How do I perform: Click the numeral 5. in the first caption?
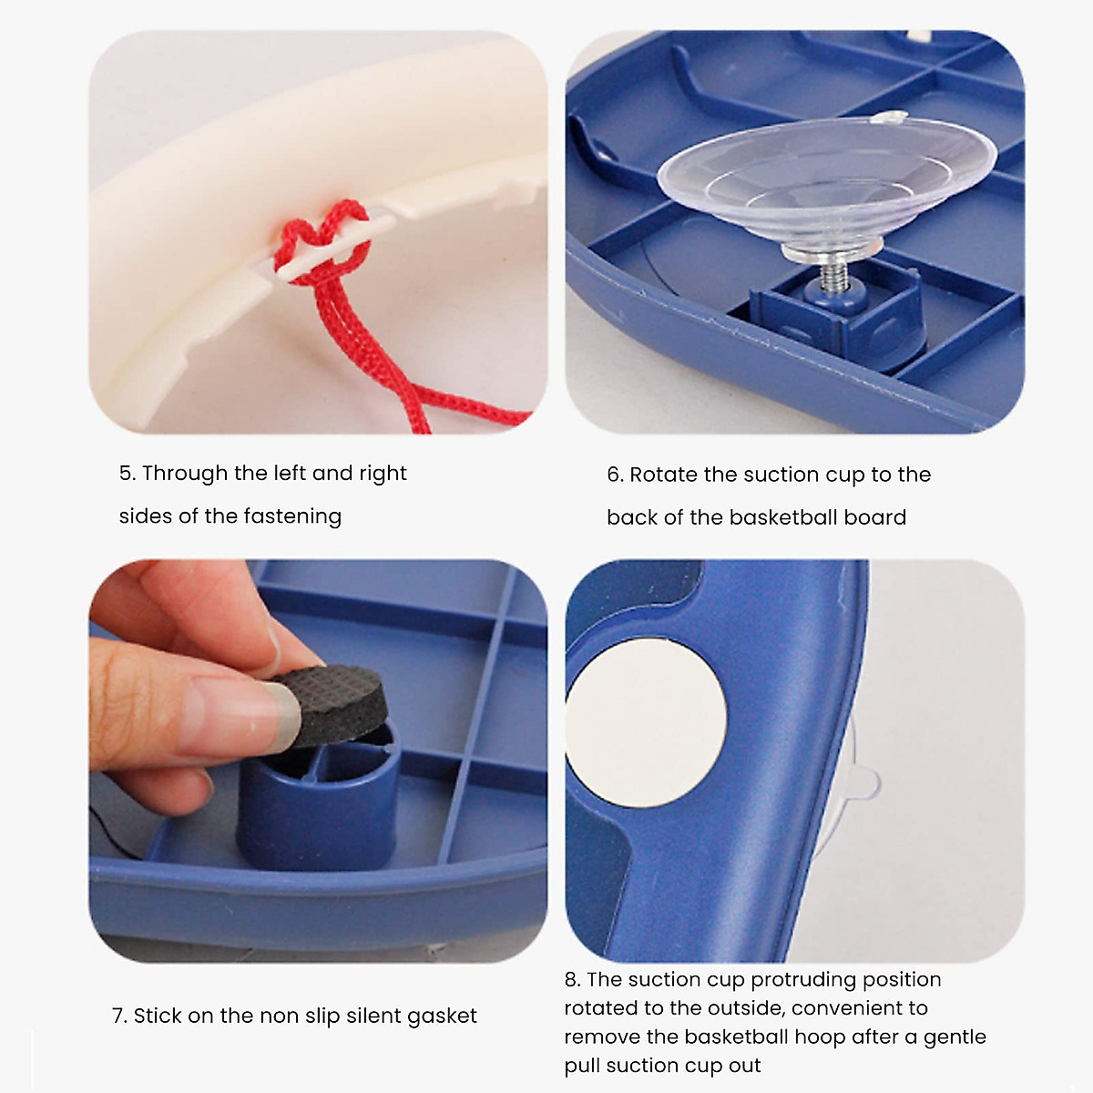(128, 474)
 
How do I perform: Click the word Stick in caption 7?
(157, 1016)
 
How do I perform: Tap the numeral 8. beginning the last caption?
(572, 980)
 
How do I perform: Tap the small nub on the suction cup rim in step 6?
(894, 117)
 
